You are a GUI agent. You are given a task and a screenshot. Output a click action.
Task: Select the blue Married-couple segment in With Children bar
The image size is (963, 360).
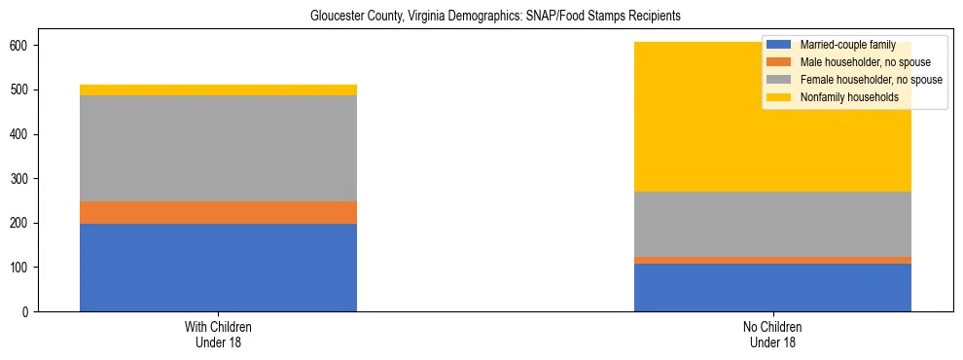tap(218, 268)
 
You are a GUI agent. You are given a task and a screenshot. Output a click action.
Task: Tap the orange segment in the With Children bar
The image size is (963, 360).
tap(218, 212)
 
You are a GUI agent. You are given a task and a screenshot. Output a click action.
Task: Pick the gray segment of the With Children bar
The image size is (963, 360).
tap(218, 148)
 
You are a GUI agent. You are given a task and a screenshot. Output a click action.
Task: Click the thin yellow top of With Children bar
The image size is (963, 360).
tap(218, 90)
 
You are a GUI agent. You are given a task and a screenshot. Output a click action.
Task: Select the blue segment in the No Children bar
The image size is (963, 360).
tap(772, 287)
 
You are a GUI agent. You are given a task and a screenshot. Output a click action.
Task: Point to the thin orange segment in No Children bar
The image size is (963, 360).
tap(772, 260)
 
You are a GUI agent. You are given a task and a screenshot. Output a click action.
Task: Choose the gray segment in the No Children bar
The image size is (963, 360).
tap(772, 224)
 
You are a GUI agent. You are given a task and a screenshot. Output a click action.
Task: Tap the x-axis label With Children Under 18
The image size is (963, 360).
tap(218, 334)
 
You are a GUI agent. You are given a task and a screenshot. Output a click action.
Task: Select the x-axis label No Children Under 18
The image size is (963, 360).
tap(772, 334)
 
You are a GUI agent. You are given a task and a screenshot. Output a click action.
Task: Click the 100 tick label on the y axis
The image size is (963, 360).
tap(20, 268)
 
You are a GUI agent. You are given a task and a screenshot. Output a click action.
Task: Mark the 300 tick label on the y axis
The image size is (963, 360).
tap(20, 179)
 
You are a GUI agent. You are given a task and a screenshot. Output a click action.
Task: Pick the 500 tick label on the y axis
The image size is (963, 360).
tap(20, 90)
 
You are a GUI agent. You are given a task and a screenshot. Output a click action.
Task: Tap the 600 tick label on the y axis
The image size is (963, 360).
tap(20, 46)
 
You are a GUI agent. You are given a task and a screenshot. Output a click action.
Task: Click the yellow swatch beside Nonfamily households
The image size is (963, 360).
tap(779, 97)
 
